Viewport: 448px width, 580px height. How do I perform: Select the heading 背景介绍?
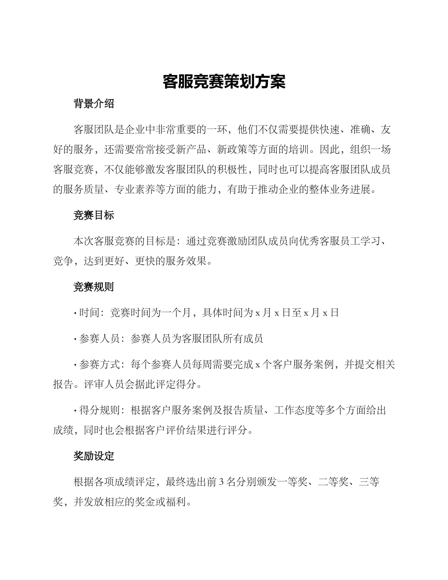coord(94,104)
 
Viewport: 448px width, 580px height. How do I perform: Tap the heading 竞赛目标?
coord(94,215)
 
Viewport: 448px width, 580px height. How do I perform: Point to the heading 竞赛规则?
coord(94,287)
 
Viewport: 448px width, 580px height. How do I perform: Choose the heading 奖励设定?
coord(94,456)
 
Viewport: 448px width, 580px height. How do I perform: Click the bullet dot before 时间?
coord(75,313)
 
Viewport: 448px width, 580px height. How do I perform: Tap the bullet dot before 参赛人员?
coord(75,339)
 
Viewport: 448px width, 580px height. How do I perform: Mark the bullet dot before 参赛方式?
coord(75,365)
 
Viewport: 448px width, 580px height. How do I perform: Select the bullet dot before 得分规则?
coord(75,411)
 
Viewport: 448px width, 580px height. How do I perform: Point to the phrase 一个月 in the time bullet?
coord(175,313)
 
